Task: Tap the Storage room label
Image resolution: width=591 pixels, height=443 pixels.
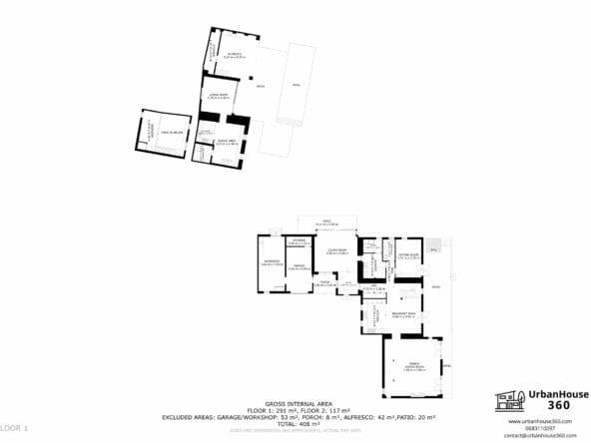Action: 296,241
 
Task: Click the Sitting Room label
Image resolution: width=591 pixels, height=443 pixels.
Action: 406,256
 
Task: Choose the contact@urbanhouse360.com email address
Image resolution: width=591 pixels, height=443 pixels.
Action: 540,435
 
